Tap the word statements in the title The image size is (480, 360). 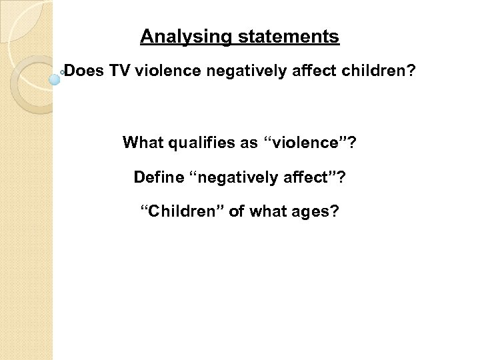[x=286, y=37]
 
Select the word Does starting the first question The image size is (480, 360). [x=82, y=71]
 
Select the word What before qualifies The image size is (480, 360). [x=142, y=143]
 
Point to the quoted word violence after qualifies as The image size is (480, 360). [x=306, y=143]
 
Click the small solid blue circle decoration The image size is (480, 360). [x=55, y=79]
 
